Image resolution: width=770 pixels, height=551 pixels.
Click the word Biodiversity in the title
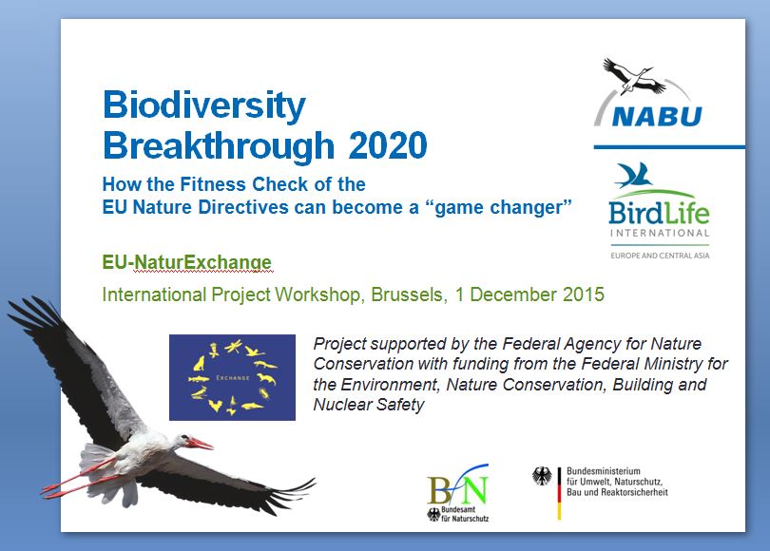(x=204, y=105)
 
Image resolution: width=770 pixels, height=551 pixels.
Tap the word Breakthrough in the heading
(x=219, y=145)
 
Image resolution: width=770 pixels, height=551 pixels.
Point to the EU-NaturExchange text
(x=186, y=262)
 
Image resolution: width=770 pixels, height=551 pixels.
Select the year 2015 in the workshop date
(x=584, y=294)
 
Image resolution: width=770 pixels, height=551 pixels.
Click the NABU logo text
(x=658, y=117)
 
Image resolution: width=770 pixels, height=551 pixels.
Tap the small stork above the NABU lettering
(x=633, y=76)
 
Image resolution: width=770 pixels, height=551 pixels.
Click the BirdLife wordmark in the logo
(x=659, y=213)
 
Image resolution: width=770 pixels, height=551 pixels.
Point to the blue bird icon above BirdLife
(x=633, y=175)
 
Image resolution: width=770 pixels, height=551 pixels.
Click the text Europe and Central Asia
(x=660, y=256)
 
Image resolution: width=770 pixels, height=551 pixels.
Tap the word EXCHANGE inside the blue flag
(x=233, y=378)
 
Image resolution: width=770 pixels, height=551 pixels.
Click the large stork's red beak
(x=200, y=444)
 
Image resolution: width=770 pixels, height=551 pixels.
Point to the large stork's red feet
(x=55, y=489)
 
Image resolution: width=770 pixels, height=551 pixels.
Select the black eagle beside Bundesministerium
(x=542, y=476)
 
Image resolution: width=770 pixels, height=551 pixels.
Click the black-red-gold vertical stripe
(x=559, y=494)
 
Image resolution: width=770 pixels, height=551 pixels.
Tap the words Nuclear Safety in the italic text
(x=369, y=405)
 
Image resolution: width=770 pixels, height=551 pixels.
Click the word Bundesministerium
(x=604, y=471)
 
